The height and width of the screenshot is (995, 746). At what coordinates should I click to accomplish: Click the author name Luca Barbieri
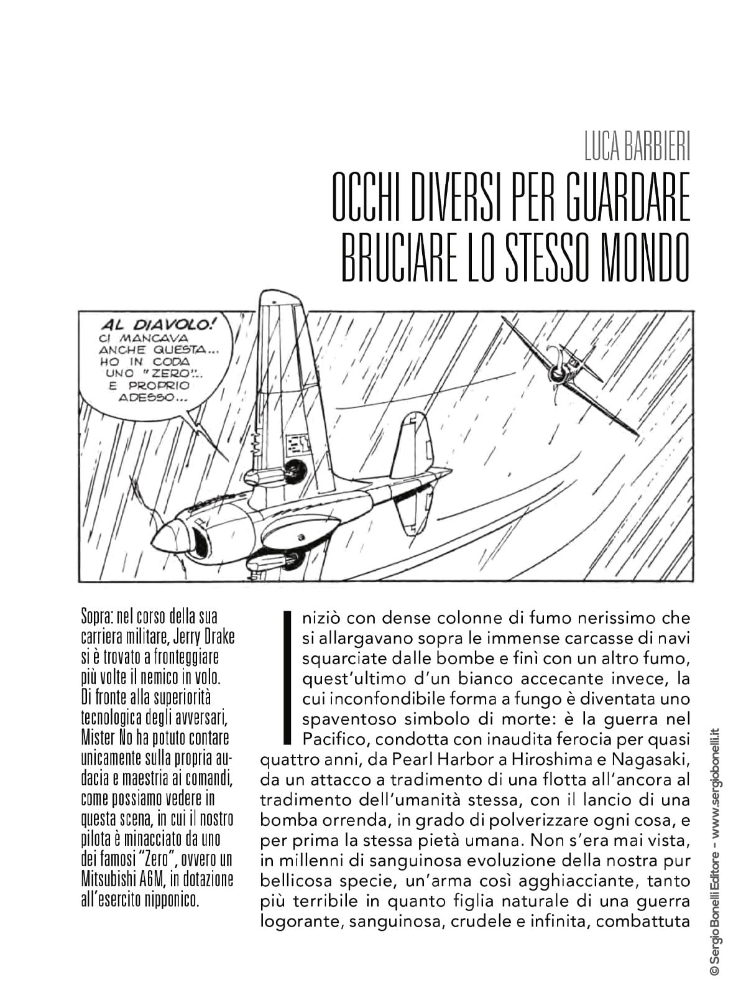point(637,147)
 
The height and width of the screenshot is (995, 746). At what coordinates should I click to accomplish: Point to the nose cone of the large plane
point(169,536)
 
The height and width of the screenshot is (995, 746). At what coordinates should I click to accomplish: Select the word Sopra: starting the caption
point(98,618)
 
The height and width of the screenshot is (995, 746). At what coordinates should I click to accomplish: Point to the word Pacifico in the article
point(335,739)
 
